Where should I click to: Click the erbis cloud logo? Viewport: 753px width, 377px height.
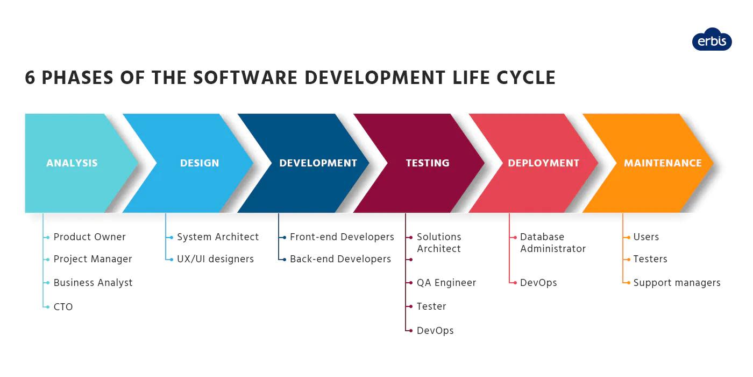(x=712, y=40)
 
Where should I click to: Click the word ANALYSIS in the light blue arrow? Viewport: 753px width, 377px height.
(x=72, y=163)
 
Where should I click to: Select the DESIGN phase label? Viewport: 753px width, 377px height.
(x=200, y=163)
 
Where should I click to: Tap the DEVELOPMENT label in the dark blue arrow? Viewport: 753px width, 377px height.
(x=318, y=163)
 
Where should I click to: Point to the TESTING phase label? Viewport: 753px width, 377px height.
(x=428, y=163)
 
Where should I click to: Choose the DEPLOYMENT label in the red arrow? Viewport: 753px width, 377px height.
(x=543, y=163)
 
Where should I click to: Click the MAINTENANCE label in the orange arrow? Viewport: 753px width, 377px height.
(x=663, y=163)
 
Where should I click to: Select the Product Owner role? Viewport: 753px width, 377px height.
(x=89, y=237)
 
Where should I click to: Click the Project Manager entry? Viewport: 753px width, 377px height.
(x=93, y=259)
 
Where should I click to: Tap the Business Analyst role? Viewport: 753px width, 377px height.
(x=93, y=283)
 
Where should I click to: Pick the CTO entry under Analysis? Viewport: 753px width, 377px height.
(x=63, y=307)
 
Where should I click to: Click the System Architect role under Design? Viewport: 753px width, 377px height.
(x=218, y=237)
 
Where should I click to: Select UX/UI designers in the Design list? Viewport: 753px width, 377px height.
(x=215, y=259)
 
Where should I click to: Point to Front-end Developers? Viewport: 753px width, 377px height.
(x=342, y=237)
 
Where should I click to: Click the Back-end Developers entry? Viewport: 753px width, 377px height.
(x=340, y=259)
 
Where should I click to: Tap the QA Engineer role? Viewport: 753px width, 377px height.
(x=446, y=283)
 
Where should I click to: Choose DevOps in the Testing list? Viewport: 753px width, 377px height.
(x=435, y=331)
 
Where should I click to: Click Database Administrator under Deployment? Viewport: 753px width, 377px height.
(x=552, y=243)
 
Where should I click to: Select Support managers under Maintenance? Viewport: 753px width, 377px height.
(x=677, y=283)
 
